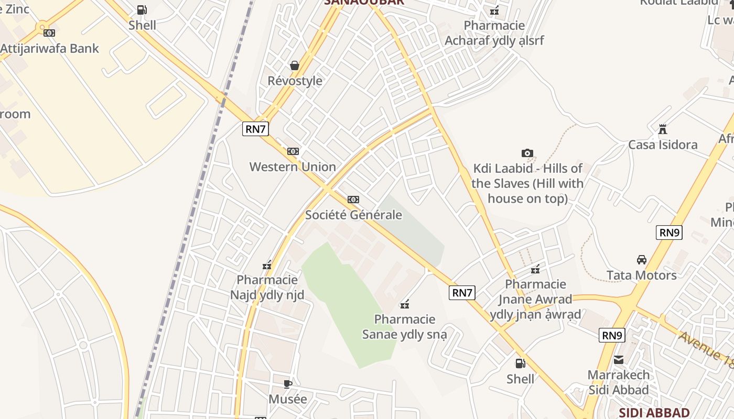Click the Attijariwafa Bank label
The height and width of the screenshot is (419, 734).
point(49,49)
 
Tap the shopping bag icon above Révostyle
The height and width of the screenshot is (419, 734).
point(295,65)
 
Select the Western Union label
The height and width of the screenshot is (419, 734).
point(293,167)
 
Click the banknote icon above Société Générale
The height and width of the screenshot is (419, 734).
point(353,200)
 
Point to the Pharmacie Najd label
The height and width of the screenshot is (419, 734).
point(267,288)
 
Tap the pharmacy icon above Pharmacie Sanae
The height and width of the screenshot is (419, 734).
point(405,304)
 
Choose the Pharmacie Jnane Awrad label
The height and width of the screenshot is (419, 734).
point(535,299)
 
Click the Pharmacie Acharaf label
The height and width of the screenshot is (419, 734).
point(494,33)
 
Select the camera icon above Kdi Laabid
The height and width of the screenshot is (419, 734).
point(527,153)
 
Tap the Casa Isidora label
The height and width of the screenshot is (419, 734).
point(663,145)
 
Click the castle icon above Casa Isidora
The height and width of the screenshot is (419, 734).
point(663,129)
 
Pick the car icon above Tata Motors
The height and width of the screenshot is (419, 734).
point(641,260)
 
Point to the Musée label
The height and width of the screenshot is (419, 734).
point(288,399)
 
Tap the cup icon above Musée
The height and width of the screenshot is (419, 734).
point(288,384)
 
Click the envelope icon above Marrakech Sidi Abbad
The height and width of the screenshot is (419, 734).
point(619,360)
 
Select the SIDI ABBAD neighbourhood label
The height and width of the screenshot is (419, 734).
point(654,412)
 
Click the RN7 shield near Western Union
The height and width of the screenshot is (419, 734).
point(255,129)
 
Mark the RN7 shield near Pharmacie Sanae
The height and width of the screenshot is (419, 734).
point(462,293)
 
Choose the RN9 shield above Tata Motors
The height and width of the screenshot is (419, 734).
point(669,233)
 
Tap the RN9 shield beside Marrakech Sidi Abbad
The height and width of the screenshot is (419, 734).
point(612,335)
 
